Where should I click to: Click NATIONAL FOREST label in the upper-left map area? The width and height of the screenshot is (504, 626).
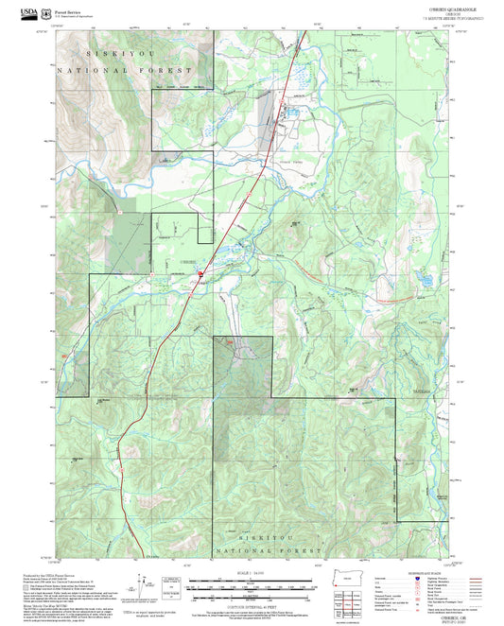124,71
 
